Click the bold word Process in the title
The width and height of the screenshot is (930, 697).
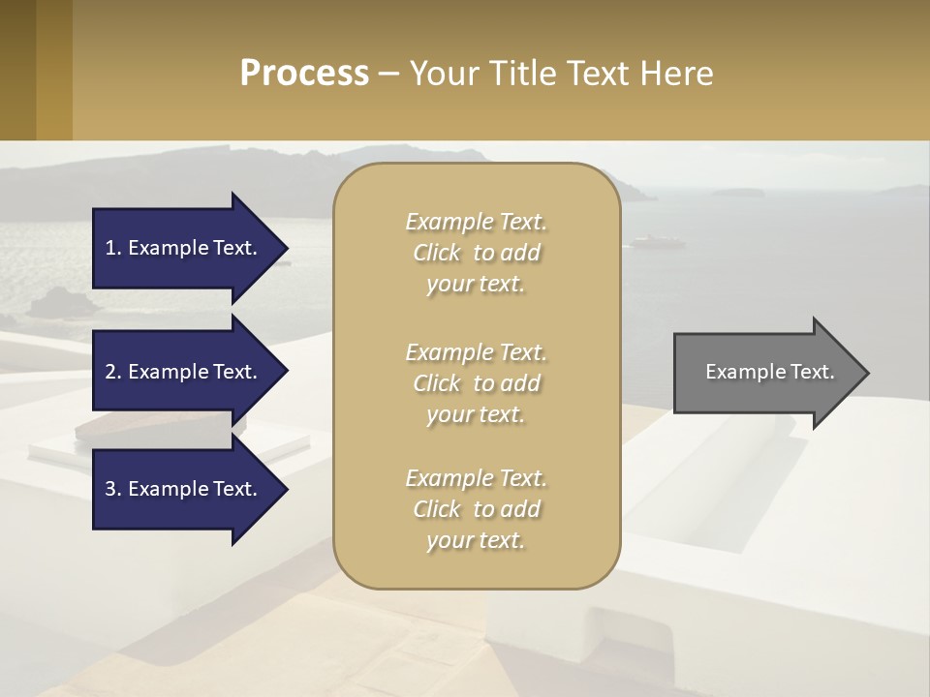click(304, 74)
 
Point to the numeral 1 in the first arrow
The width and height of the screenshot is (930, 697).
click(110, 248)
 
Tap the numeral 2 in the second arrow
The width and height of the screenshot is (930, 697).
click(110, 372)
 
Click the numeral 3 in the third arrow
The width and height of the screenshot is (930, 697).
click(110, 489)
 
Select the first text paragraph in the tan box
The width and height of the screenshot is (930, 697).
click(476, 253)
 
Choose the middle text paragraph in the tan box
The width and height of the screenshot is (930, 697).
click(476, 383)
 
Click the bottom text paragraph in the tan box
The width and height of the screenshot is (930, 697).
click(476, 509)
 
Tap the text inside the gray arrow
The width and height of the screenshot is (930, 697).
click(769, 372)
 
